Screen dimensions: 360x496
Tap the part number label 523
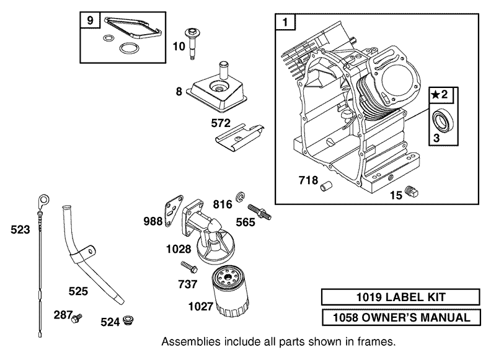coord(20,230)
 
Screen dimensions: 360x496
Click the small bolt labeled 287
coord(77,318)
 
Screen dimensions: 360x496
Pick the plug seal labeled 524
coord(128,320)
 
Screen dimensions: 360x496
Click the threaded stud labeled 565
coord(259,212)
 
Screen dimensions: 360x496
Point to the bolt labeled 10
coord(192,43)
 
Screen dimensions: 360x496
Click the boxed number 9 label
coord(91,21)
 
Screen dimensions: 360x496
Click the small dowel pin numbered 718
coord(327,183)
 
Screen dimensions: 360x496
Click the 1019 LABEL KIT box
coord(401,298)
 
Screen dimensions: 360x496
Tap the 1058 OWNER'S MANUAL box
coord(401,318)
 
